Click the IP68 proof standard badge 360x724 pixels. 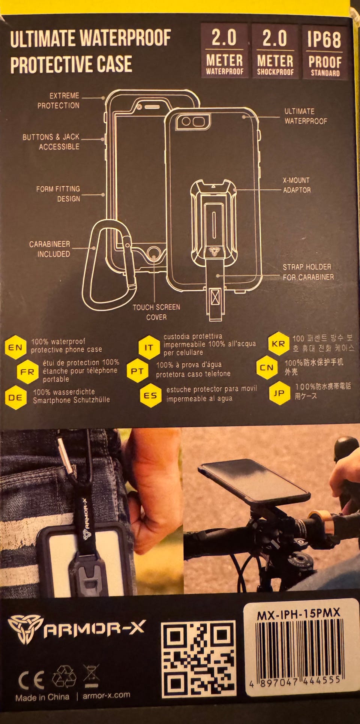(324, 52)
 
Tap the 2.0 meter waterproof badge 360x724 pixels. (224, 51)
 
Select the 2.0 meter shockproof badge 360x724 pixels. (275, 51)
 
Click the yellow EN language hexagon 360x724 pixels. (16, 347)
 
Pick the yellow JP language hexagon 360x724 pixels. (279, 393)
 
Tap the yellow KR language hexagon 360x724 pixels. (279, 343)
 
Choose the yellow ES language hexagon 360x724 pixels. (150, 395)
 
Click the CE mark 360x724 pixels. (31, 679)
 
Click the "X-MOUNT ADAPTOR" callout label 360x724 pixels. (297, 185)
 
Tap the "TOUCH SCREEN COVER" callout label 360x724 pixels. (156, 312)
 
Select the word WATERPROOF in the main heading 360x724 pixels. (126, 38)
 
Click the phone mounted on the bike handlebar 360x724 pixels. (254, 480)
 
